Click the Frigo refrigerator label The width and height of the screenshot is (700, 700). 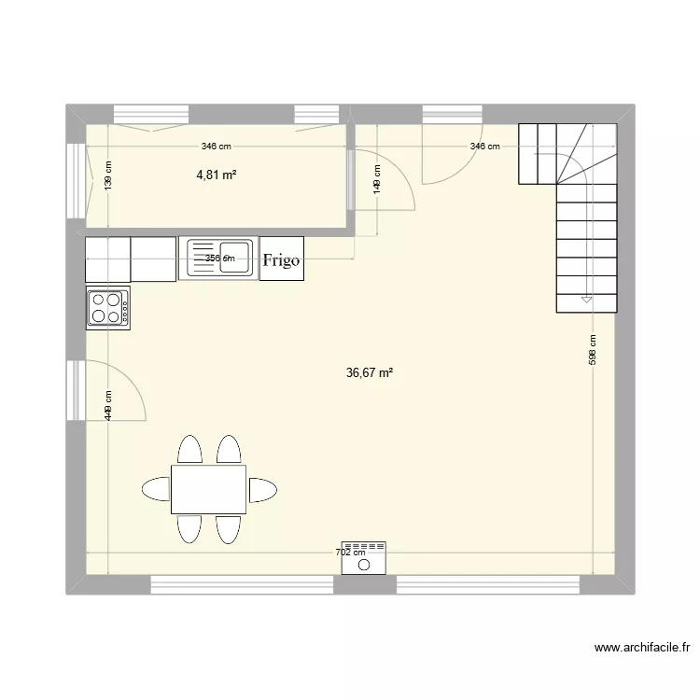point(281,259)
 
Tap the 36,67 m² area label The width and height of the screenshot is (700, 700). point(369,372)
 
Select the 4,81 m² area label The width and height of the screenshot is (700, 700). point(216,174)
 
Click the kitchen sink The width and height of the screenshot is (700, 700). point(220,259)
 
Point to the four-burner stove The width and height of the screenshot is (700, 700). point(108,308)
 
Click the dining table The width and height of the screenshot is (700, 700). point(208,489)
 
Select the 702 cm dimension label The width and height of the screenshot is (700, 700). point(351,553)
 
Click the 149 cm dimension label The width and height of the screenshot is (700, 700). point(377,177)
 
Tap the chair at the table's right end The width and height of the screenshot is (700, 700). point(262,489)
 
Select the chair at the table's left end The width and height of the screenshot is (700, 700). point(156,489)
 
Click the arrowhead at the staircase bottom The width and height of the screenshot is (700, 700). point(586,300)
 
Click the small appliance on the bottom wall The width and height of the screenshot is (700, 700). point(364,558)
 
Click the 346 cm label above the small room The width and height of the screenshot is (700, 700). point(216,147)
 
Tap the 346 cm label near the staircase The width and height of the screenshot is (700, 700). point(484,147)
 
